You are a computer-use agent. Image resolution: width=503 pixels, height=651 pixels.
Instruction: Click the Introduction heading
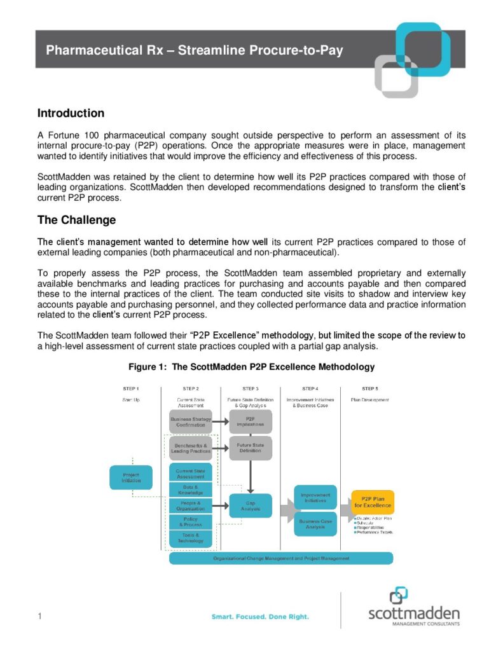[71, 114]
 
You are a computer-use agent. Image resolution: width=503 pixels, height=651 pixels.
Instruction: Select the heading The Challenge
[76, 221]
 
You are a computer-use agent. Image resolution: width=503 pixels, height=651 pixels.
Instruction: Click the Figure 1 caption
[251, 367]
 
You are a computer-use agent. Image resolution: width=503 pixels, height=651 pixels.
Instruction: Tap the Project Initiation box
[131, 477]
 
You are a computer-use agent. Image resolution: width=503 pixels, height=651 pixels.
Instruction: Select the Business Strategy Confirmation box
[190, 421]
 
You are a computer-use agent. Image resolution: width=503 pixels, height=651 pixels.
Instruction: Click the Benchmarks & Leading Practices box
[190, 448]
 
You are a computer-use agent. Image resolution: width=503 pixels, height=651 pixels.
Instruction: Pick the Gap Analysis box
[251, 506]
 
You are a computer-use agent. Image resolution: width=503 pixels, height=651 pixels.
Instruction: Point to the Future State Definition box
[251, 448]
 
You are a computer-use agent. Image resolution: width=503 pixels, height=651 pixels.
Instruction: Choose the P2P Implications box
[251, 421]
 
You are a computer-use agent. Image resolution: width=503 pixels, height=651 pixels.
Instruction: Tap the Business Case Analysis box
[315, 524]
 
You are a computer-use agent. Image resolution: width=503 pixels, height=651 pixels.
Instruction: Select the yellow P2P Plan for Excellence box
[372, 502]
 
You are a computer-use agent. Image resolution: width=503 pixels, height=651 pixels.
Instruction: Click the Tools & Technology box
[190, 538]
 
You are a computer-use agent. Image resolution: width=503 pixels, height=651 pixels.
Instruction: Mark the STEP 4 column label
[310, 388]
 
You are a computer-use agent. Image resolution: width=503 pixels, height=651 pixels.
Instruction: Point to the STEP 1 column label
[130, 388]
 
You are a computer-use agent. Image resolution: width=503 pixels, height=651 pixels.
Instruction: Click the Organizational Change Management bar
[280, 558]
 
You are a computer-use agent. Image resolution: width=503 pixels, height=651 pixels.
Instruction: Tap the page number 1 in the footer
[39, 616]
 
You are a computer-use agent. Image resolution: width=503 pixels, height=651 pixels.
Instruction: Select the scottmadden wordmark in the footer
[413, 613]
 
